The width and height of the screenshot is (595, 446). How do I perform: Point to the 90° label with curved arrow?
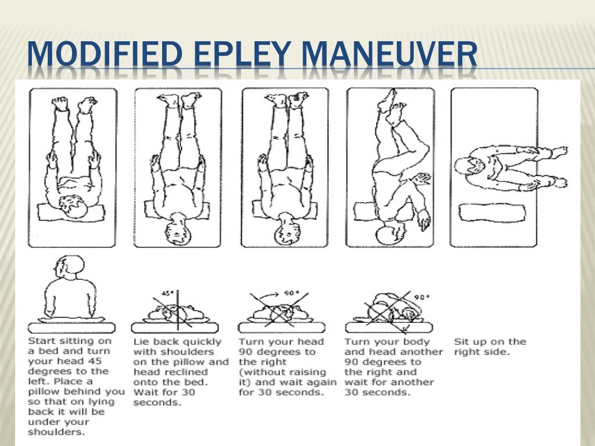292,293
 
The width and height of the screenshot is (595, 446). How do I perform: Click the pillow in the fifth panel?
492,213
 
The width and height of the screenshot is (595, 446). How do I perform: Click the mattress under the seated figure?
71,328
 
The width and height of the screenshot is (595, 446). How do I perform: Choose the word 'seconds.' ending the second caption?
157,403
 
